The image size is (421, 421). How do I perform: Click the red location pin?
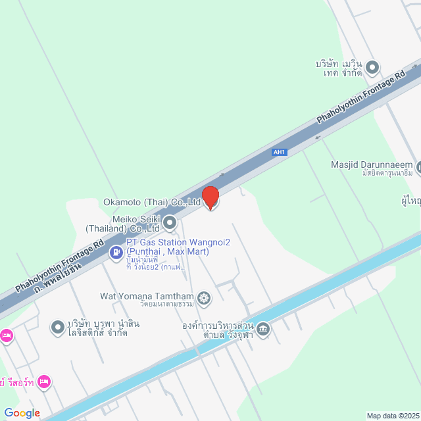pyautogui.click(x=210, y=197)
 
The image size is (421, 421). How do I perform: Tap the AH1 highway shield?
pyautogui.click(x=280, y=152)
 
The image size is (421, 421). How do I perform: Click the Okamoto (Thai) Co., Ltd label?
pyautogui.click(x=152, y=203)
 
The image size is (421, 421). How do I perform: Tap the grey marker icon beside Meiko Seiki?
pyautogui.click(x=170, y=223)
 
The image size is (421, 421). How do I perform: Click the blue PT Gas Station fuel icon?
pyautogui.click(x=116, y=251)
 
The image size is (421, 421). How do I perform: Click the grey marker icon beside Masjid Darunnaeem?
pyautogui.click(x=418, y=167)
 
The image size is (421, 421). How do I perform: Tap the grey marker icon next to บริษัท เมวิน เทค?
pyautogui.click(x=372, y=67)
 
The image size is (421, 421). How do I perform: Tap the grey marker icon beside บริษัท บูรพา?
pyautogui.click(x=58, y=326)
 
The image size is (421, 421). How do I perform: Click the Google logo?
pyautogui.click(x=22, y=412)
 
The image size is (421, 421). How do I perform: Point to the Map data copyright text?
pyautogui.click(x=393, y=415)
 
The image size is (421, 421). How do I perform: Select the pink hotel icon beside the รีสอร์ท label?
pyautogui.click(x=44, y=381)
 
